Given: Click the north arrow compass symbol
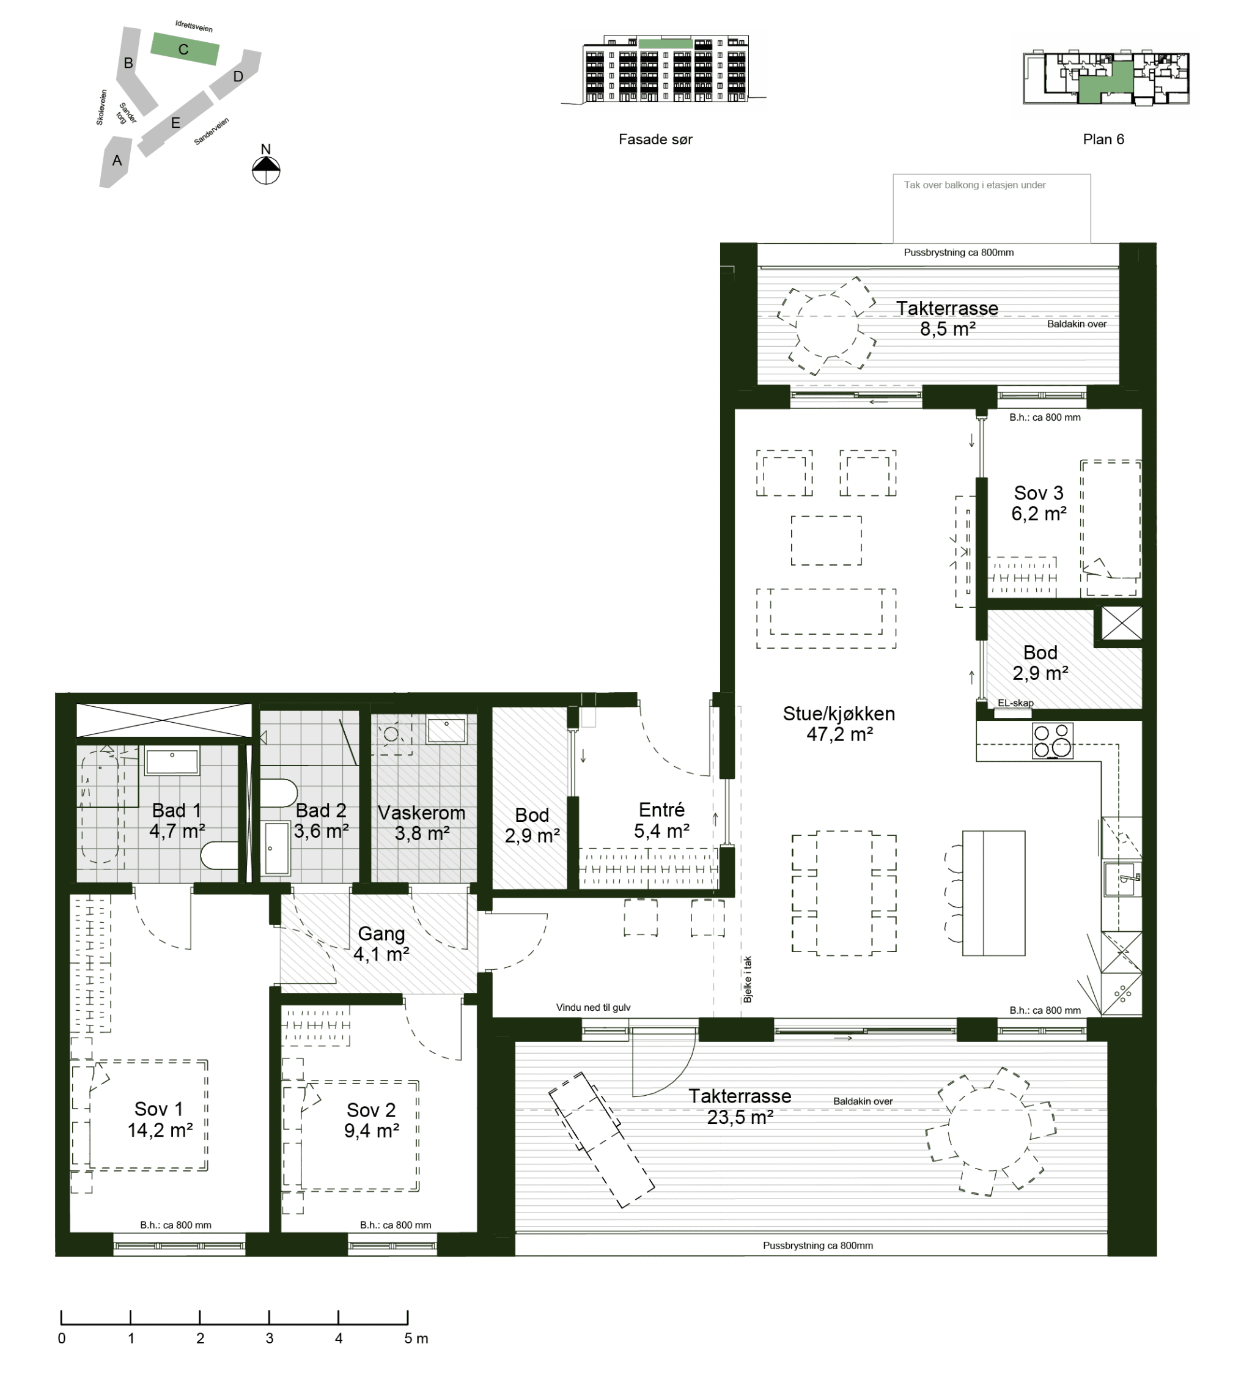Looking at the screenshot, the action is [x=266, y=170].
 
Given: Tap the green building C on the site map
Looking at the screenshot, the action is [x=185, y=49].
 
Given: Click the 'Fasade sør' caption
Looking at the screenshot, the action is [x=655, y=139].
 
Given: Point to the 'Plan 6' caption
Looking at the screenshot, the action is [x=1103, y=139].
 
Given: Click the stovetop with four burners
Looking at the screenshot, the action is [x=1051, y=741].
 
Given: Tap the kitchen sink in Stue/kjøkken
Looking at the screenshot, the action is [x=1122, y=879].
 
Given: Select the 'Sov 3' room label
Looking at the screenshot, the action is [x=1039, y=493].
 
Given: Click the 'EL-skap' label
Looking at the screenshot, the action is [x=1015, y=703].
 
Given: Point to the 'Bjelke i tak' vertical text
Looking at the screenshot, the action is [x=748, y=980].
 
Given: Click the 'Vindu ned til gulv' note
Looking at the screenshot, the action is [x=593, y=1007].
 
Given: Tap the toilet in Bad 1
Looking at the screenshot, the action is [x=219, y=855].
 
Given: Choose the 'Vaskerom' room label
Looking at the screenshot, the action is [x=421, y=813].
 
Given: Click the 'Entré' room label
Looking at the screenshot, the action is [x=661, y=809].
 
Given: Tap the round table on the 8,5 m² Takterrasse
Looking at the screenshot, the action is [x=827, y=326].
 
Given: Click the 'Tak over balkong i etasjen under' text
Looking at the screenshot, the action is [x=974, y=185].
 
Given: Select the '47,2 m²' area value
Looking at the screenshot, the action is [x=839, y=734].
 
